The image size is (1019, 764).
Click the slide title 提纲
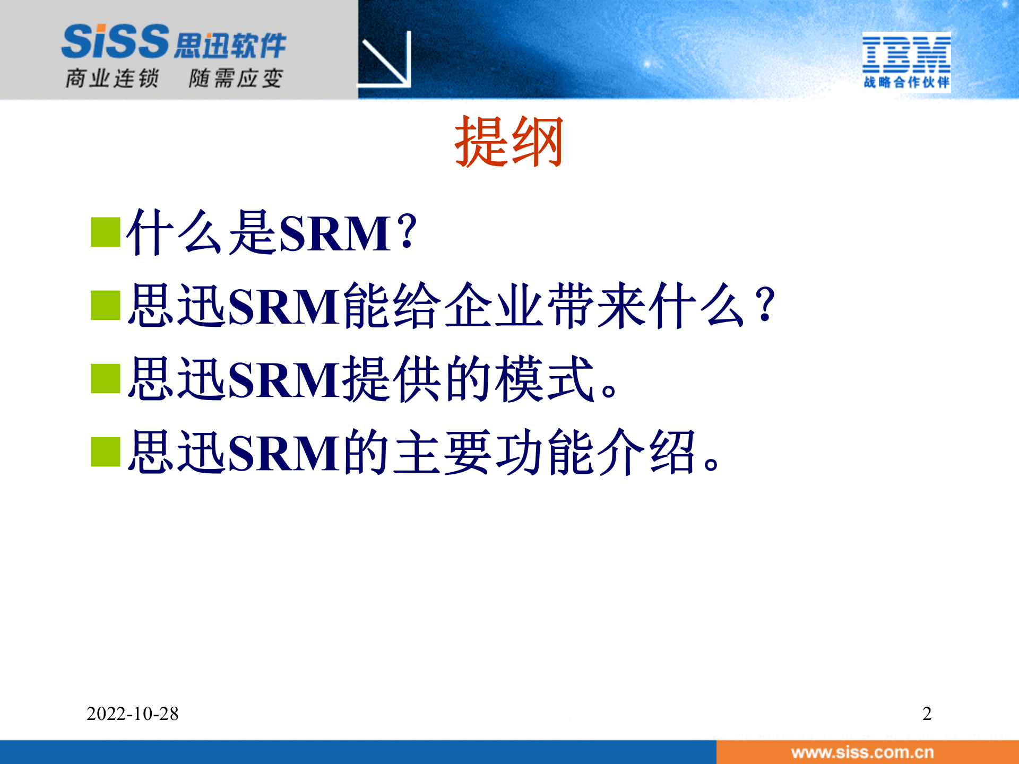click(x=508, y=142)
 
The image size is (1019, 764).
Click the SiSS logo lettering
click(x=115, y=41)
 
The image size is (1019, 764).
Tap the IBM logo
click(x=906, y=54)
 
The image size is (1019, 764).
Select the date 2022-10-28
click(x=132, y=714)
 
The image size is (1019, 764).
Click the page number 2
click(x=927, y=714)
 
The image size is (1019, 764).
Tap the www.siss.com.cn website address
click(x=862, y=752)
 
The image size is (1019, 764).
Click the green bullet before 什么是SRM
click(x=105, y=232)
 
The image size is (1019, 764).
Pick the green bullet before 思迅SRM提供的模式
click(x=105, y=379)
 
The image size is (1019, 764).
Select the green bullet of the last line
click(x=105, y=452)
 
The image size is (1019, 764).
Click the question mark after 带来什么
click(x=764, y=306)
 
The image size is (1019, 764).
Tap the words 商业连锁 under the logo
click(x=112, y=79)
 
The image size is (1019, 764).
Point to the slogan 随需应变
click(x=236, y=79)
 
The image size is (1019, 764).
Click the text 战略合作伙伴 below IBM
click(x=906, y=82)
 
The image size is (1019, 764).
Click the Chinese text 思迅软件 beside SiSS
click(x=230, y=46)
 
